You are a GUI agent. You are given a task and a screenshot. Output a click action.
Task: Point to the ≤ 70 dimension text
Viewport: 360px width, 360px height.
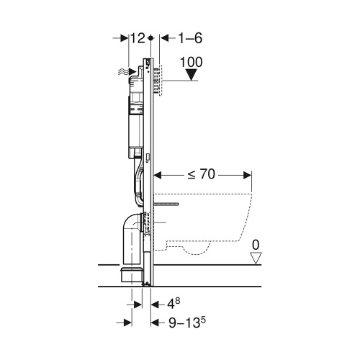pos(201,174)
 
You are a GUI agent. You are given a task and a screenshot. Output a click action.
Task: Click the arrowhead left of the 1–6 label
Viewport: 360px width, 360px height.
pos(161,37)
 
